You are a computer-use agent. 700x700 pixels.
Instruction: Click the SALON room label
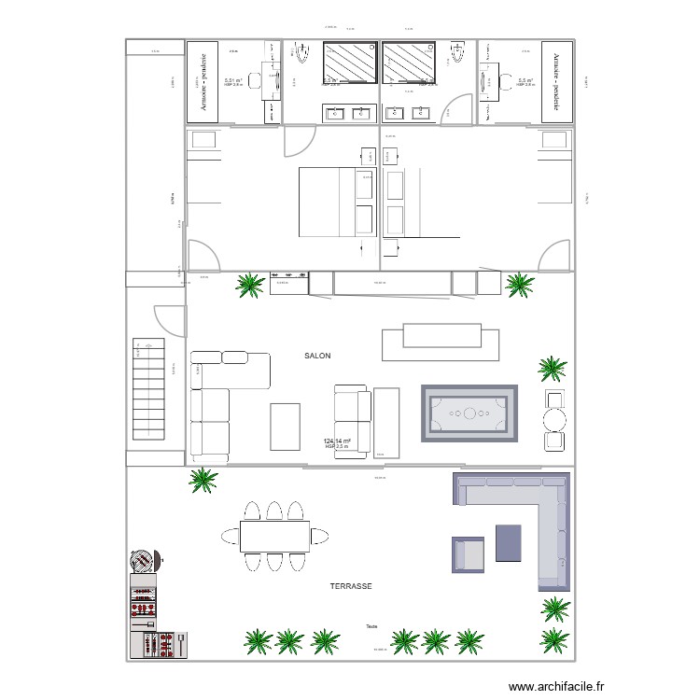(x=317, y=356)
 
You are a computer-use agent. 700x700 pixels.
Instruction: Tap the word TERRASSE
(x=351, y=586)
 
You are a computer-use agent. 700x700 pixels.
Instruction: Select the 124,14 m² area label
(x=337, y=441)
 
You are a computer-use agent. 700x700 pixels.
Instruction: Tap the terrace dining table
(x=274, y=536)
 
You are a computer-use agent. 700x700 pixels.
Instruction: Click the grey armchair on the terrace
(x=469, y=553)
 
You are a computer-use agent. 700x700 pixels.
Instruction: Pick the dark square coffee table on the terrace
(x=508, y=542)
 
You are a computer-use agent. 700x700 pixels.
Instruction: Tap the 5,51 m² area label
(x=233, y=81)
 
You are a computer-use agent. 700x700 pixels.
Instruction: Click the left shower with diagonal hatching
(x=350, y=62)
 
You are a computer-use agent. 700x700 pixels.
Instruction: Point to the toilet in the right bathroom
(x=457, y=57)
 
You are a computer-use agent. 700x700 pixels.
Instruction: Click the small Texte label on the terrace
(x=371, y=626)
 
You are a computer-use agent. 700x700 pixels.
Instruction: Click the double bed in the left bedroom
(x=336, y=202)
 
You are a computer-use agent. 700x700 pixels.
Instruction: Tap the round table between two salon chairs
(x=555, y=420)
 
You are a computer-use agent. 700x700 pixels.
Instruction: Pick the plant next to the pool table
(x=552, y=370)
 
